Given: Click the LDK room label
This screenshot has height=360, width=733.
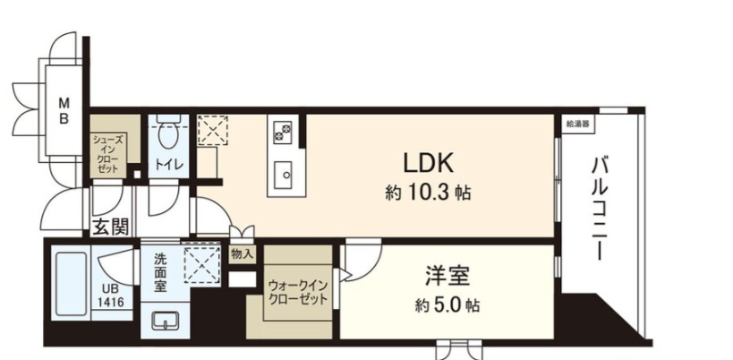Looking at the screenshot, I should (x=430, y=162).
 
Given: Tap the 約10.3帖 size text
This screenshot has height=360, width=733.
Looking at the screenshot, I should (x=430, y=193).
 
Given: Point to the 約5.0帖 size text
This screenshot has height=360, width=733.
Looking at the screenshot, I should (x=447, y=305).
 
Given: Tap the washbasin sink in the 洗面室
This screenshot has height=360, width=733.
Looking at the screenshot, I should (x=165, y=320).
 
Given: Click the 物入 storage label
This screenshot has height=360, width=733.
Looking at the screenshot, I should (x=242, y=254).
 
